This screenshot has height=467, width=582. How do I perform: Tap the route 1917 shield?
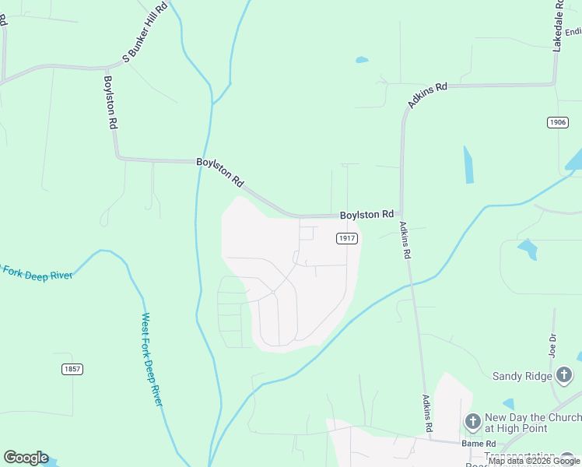[347, 238]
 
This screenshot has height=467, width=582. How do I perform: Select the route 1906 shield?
[557, 122]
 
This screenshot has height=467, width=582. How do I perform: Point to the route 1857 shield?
[73, 369]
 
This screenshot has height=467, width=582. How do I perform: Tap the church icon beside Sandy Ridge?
[565, 376]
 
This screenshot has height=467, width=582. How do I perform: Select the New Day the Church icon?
[472, 423]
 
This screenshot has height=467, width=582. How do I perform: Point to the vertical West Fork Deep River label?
[151, 359]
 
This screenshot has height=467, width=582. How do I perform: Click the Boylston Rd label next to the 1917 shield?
[366, 214]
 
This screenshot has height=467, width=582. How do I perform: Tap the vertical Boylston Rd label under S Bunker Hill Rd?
[110, 102]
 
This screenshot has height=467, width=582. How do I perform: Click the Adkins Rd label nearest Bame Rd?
[427, 413]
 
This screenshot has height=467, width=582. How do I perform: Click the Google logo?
[26, 458]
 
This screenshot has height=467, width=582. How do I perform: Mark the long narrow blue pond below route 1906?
[469, 164]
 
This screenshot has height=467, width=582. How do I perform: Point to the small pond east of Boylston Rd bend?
[361, 60]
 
